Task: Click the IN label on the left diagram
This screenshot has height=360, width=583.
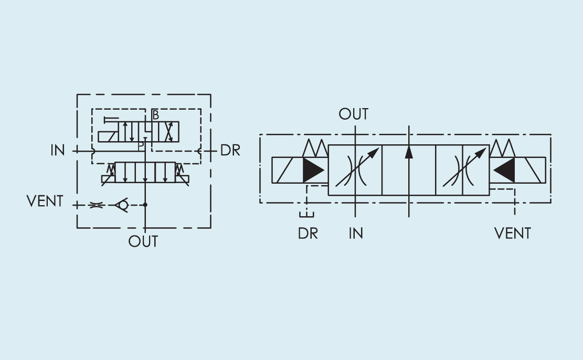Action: pos(58,151)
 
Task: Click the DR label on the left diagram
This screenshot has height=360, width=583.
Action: pos(230,151)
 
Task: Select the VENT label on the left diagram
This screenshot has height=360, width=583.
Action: pos(45,202)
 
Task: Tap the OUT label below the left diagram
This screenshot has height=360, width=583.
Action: pos(143,241)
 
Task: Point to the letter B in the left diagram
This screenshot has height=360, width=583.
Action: pos(155,115)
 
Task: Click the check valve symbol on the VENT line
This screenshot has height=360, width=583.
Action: pos(122,205)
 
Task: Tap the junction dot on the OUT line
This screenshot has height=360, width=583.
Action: pos(145,205)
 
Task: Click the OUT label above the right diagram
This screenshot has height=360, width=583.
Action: pos(354,114)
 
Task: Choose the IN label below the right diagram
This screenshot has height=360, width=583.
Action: pos(356,233)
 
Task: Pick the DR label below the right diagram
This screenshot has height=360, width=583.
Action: pos(308,233)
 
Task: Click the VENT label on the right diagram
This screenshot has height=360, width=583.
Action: pos(513,233)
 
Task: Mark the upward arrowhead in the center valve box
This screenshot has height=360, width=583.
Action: pos(409,151)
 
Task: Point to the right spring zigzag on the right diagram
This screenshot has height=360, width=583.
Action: pos(502,149)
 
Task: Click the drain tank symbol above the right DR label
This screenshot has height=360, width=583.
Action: pos(306,215)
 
